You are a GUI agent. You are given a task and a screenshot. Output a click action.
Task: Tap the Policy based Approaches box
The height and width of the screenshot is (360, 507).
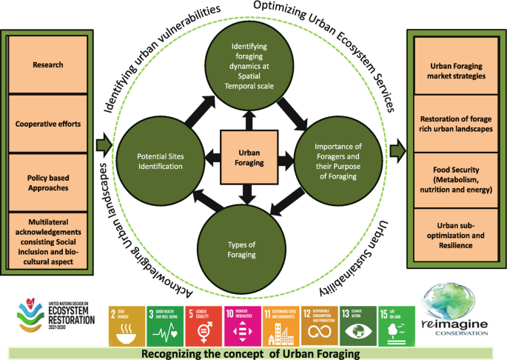tap(48, 182)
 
